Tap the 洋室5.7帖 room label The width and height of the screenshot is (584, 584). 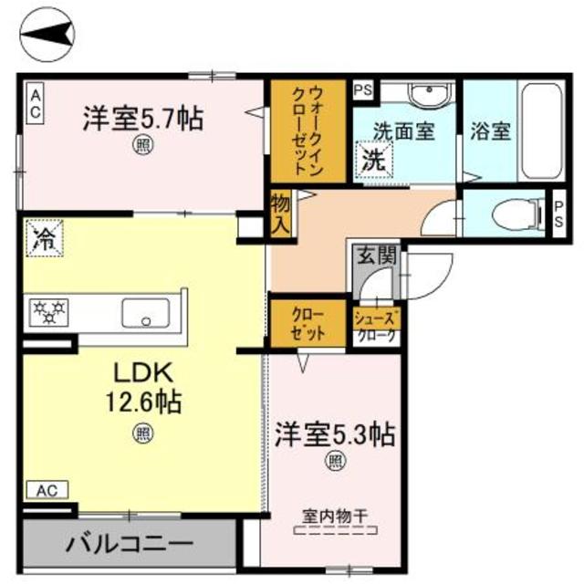143,119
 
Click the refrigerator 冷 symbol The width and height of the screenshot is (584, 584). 42,241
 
